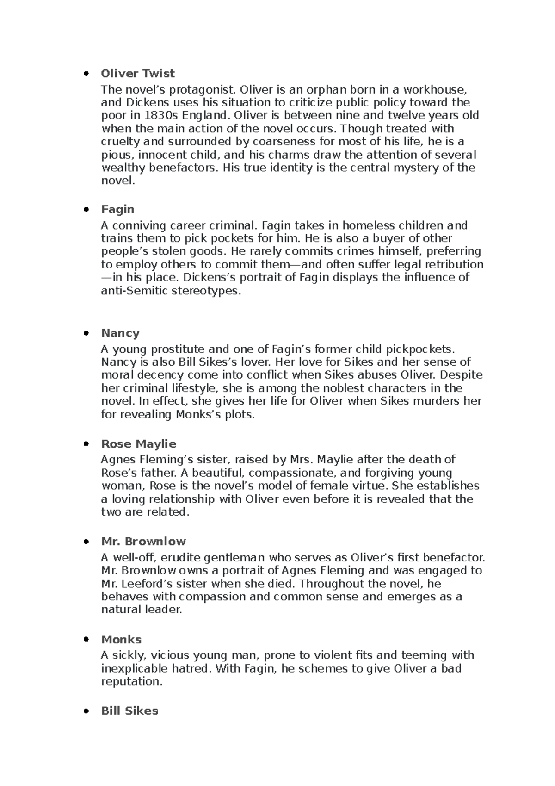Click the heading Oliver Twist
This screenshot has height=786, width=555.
tap(138, 74)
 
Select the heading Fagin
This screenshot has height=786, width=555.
tap(117, 209)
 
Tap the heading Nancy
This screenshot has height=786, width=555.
tap(120, 333)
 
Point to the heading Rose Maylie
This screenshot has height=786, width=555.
tap(139, 444)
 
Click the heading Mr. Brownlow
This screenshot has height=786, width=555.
tap(143, 542)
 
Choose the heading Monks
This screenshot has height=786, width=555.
tap(121, 640)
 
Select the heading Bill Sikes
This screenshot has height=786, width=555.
tap(129, 711)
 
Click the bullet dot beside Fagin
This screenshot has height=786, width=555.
tap(86, 210)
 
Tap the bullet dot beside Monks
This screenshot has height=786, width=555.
tap(86, 640)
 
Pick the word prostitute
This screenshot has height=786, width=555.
tap(175, 349)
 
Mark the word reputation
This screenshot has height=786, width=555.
tap(132, 681)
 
